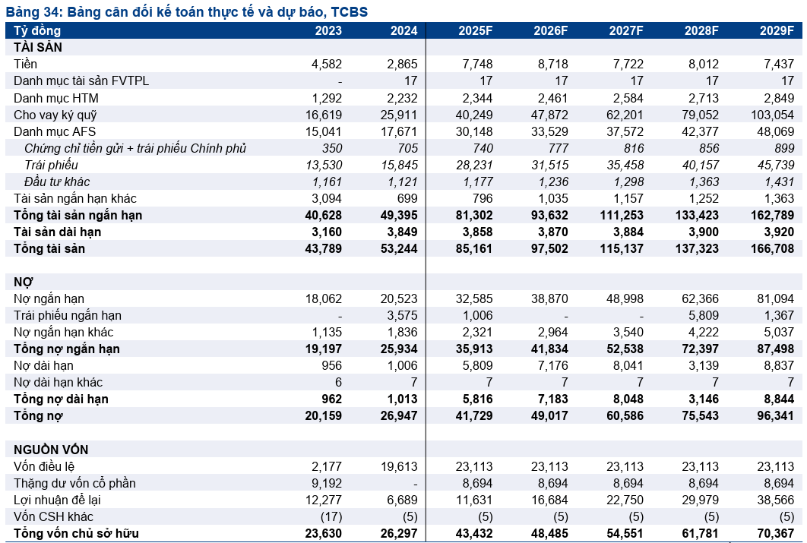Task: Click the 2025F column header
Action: pyautogui.click(x=475, y=31)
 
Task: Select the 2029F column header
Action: pyautogui.click(x=777, y=31)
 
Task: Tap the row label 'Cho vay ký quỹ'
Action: pyautogui.click(x=55, y=115)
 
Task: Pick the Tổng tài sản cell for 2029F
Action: pyautogui.click(x=772, y=249)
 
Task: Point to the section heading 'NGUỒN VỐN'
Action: pyautogui.click(x=51, y=450)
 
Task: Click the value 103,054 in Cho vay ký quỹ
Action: pyautogui.click(x=773, y=115)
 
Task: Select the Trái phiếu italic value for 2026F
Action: pyautogui.click(x=549, y=165)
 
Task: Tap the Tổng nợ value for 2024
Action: pyautogui.click(x=399, y=416)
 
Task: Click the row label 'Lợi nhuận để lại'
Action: pyautogui.click(x=57, y=500)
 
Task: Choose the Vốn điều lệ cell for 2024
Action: pyautogui.click(x=399, y=467)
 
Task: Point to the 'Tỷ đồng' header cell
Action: pyautogui.click(x=37, y=31)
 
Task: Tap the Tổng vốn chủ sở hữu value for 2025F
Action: pyautogui.click(x=473, y=534)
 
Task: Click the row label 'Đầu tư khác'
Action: pyautogui.click(x=57, y=182)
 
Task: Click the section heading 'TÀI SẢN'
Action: pyautogui.click(x=37, y=47)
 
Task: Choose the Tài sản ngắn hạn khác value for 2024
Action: pyautogui.click(x=406, y=198)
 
